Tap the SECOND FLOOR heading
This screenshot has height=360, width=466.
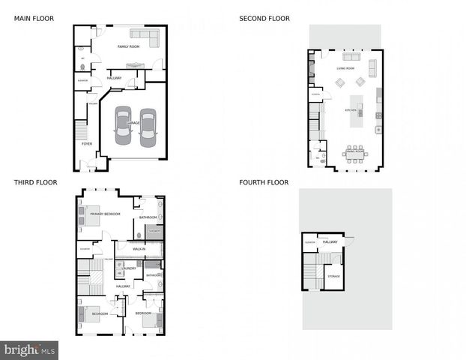(x=264, y=18)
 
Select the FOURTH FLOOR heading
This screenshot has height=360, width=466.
(x=264, y=182)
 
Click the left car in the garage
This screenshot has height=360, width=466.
(x=123, y=127)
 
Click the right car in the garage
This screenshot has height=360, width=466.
(x=148, y=127)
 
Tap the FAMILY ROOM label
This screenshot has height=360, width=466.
(x=128, y=46)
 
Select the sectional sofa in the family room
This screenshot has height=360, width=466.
(x=145, y=35)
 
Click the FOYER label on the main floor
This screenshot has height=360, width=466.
(x=87, y=143)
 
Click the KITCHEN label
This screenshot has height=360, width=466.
(x=351, y=110)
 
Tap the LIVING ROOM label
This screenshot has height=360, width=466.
(x=345, y=68)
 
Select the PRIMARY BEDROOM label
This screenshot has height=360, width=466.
(x=106, y=214)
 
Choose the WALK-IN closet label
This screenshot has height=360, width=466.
(x=139, y=248)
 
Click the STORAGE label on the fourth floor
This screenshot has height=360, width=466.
(x=333, y=276)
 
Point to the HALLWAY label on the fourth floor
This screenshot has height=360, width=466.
(x=330, y=241)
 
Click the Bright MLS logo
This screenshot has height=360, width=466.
(x=29, y=349)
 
